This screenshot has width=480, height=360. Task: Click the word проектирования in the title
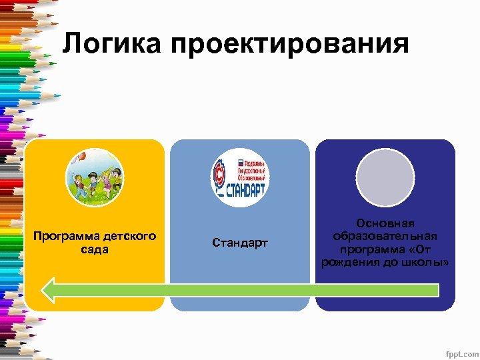pos(289,45)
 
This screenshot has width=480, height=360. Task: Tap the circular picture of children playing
pos(95,177)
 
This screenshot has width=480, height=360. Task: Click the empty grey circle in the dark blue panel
pos(385,177)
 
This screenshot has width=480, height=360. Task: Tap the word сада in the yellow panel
pos(95,249)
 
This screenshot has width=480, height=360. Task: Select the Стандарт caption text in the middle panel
pos(240,243)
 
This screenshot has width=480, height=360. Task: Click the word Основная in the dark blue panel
pos(385,224)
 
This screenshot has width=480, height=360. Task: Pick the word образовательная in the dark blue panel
pos(385,237)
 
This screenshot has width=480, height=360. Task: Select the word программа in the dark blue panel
pos(370,249)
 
